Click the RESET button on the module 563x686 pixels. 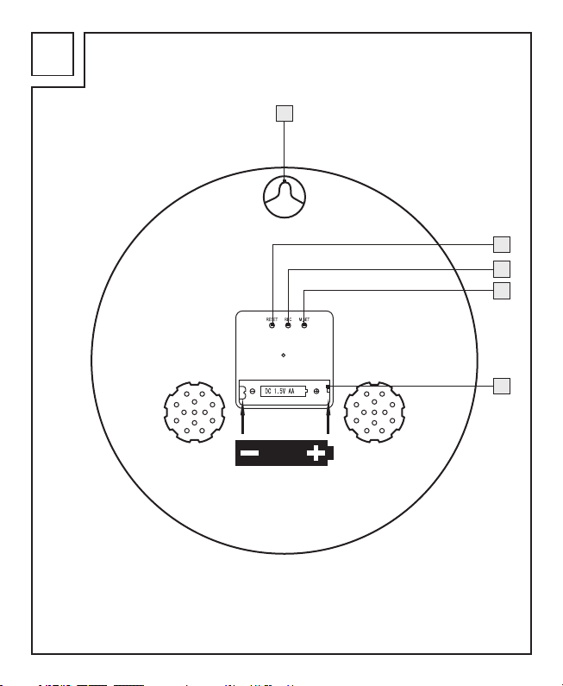click(272, 325)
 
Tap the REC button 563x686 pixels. click(288, 325)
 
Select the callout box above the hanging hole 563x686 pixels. click(285, 114)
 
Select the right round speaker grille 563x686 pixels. click(373, 412)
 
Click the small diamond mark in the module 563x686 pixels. click(284, 355)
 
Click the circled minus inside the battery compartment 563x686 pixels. click(252, 392)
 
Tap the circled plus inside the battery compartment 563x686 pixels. click(317, 392)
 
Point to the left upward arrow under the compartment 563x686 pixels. click(244, 421)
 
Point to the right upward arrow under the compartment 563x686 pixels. click(328, 421)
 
